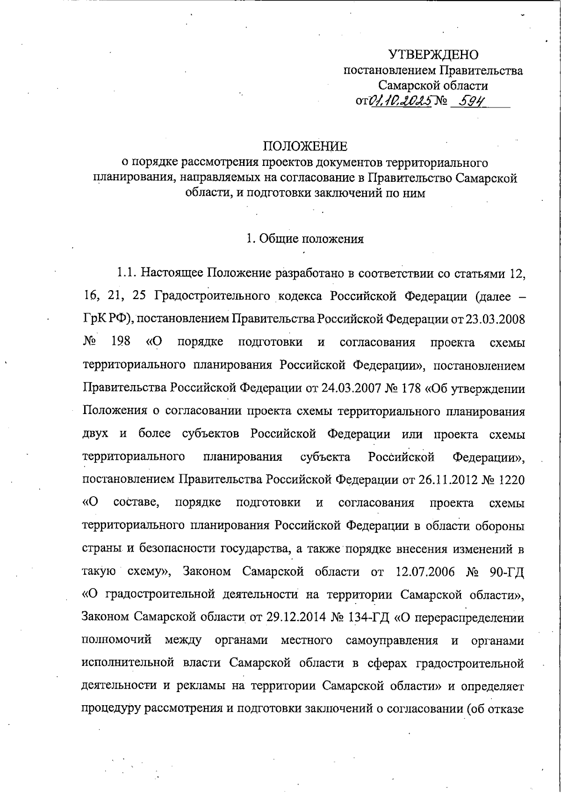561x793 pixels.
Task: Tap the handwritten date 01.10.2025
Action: [x=400, y=100]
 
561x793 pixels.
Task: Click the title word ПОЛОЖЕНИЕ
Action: [x=305, y=146]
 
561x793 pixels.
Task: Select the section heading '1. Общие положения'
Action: [x=305, y=239]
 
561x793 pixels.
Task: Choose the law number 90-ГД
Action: [x=507, y=572]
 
